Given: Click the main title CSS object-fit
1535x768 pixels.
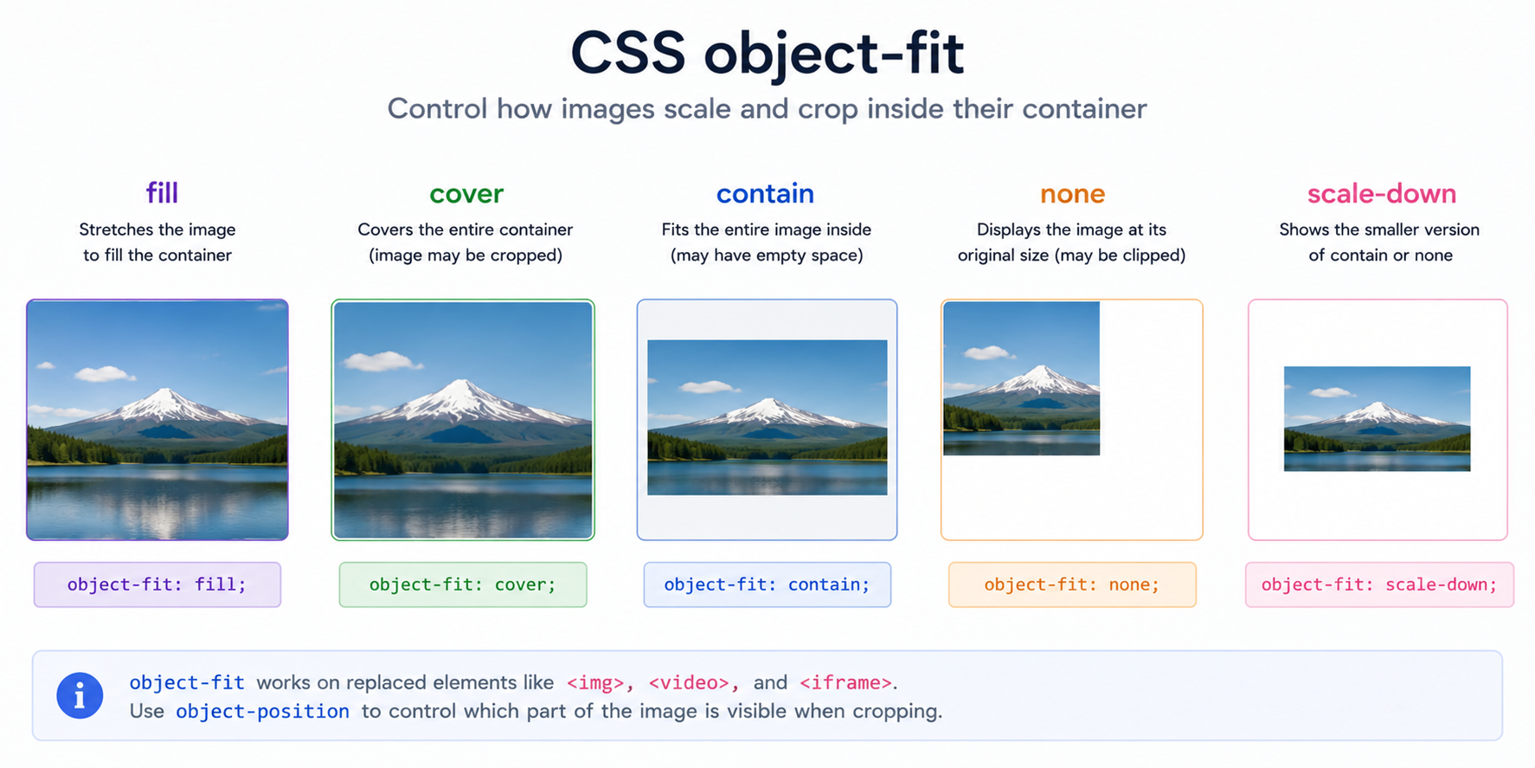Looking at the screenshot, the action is [x=767, y=54].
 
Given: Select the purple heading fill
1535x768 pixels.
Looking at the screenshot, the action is [x=162, y=192].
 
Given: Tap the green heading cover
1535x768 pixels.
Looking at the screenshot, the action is [x=466, y=194].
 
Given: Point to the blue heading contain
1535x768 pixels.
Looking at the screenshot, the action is [x=765, y=193].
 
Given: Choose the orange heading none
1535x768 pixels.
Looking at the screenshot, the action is [x=1072, y=194].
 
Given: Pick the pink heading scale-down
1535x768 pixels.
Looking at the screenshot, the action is [x=1381, y=193].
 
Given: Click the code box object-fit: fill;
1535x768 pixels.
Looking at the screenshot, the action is [x=157, y=584].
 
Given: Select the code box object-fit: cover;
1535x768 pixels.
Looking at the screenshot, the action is [x=463, y=584].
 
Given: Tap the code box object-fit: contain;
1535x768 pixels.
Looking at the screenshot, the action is [x=767, y=584].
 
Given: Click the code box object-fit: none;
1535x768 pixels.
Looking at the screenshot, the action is [x=1072, y=584].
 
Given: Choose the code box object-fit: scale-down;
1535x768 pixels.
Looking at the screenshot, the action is [x=1379, y=584].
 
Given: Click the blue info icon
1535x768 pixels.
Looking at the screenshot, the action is [x=80, y=695].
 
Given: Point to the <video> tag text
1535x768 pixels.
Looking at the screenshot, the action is [x=689, y=682].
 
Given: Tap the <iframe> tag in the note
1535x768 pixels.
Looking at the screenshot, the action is [x=845, y=682].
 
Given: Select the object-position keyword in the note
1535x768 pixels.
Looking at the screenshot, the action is [x=263, y=711].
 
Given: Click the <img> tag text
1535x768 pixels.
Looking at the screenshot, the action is [x=595, y=682].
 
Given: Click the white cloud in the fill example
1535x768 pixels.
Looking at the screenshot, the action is [x=105, y=374].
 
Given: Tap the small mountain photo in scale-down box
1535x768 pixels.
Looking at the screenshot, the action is [x=1377, y=419].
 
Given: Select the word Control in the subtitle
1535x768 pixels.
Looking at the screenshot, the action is [x=437, y=109].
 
